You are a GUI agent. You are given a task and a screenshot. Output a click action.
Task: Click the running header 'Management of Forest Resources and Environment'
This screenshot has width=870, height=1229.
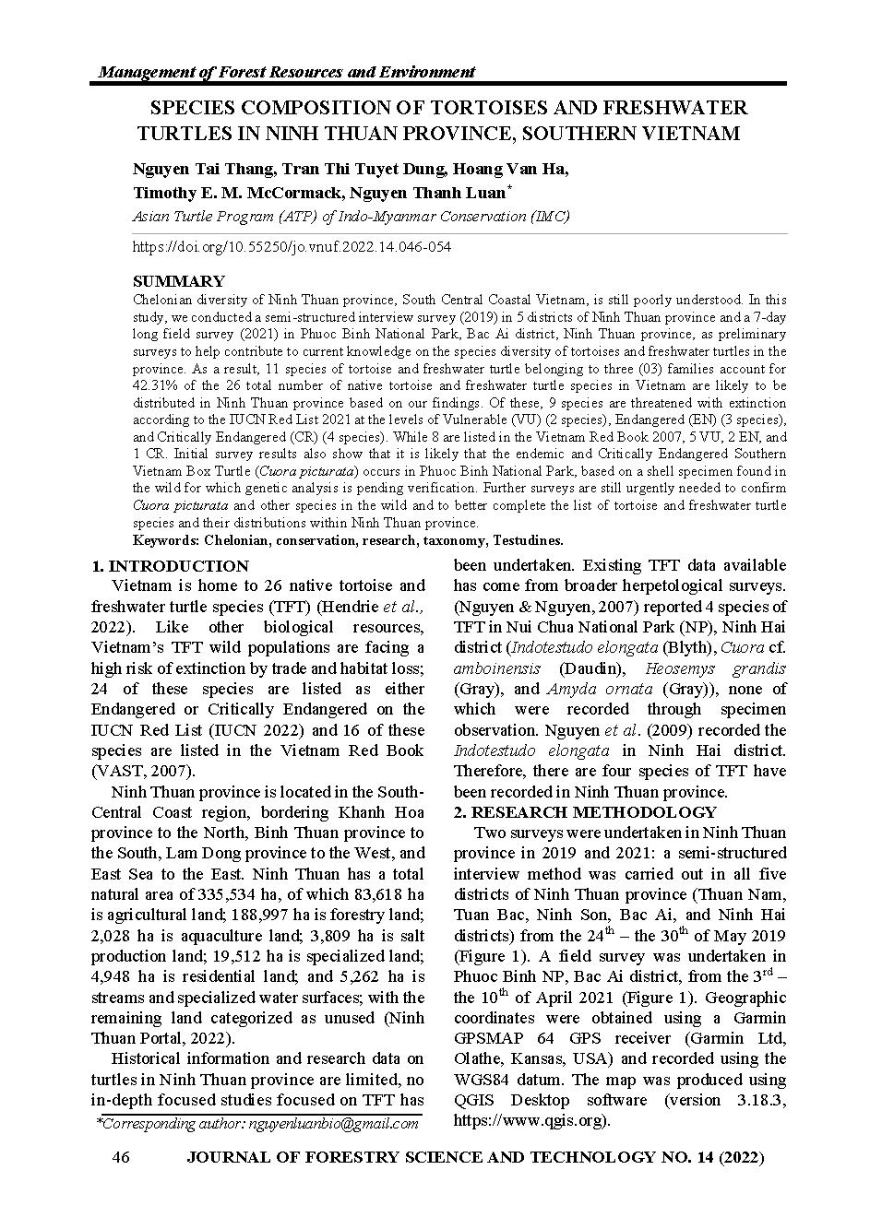(286, 72)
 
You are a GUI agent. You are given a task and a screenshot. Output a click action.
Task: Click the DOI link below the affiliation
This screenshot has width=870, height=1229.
(292, 247)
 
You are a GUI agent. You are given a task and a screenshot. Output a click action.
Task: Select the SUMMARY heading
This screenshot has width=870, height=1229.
(178, 281)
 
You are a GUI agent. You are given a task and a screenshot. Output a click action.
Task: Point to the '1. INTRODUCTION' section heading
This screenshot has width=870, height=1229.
(170, 566)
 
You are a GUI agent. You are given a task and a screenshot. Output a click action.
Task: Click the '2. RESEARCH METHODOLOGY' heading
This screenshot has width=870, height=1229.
(585, 812)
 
